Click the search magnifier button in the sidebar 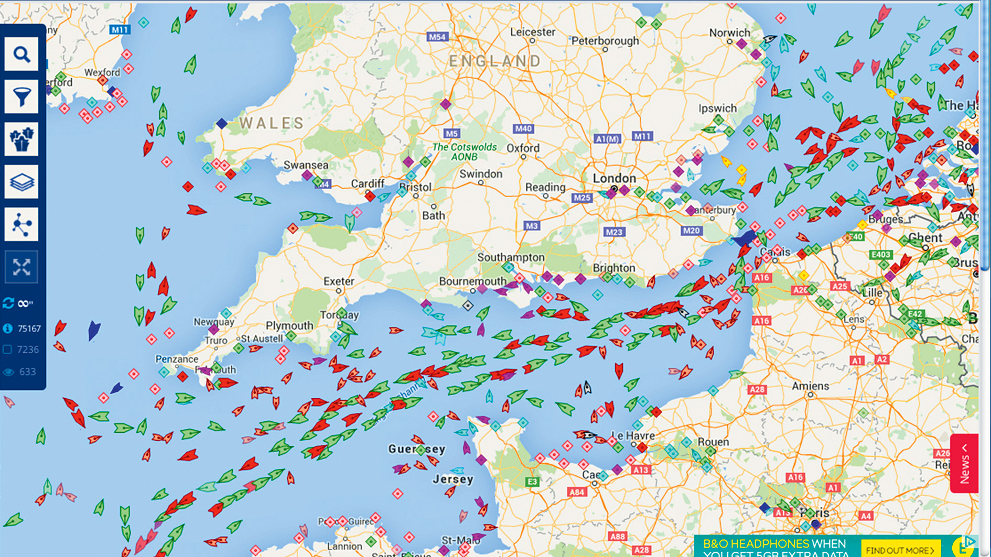[x=21, y=54]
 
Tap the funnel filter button [x=21, y=97]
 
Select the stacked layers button [x=21, y=182]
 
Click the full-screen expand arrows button [x=21, y=267]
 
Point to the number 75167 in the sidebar [x=29, y=329]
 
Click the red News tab [x=964, y=463]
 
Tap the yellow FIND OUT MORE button [x=900, y=550]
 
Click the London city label [x=614, y=178]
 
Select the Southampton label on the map [x=511, y=257]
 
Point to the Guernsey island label [x=417, y=449]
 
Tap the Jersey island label [x=453, y=479]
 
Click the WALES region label [x=272, y=124]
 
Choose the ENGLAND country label [x=495, y=61]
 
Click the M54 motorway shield [x=437, y=37]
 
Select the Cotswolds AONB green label [x=465, y=152]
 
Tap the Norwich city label [x=729, y=32]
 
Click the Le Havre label [x=633, y=435]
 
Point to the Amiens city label [x=810, y=386]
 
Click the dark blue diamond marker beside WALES [x=222, y=124]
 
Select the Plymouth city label [x=289, y=325]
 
